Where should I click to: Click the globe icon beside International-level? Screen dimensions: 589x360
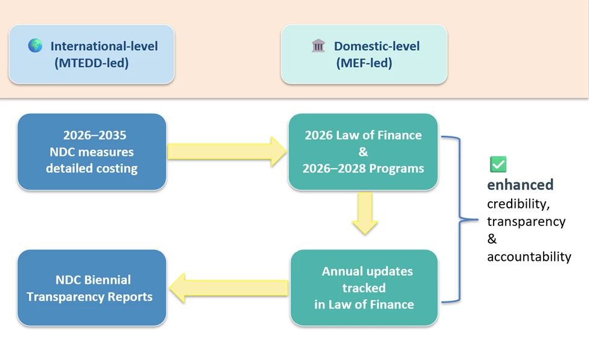tap(35, 45)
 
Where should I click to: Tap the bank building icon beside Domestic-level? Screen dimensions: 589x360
tap(318, 46)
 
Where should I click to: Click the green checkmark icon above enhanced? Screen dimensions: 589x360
tap(498, 164)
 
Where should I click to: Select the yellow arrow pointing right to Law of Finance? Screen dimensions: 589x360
tap(227, 152)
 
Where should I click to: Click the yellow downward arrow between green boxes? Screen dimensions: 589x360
tap(365, 213)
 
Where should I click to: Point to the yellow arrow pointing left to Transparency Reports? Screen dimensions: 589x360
tap(228, 288)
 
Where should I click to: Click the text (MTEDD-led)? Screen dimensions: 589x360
tap(92, 63)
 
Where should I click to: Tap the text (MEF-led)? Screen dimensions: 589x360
tap(364, 63)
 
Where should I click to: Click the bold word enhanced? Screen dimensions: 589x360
tap(520, 184)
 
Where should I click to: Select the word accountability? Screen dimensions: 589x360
tap(529, 257)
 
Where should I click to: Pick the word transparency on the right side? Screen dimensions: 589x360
tap(526, 221)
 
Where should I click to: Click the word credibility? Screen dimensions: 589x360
tap(518, 204)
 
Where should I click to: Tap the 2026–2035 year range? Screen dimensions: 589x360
tap(95, 135)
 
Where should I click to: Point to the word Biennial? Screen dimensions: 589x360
tap(108, 280)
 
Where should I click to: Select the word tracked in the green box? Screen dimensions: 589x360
tap(364, 288)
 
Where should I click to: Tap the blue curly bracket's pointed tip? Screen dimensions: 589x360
tap(478, 219)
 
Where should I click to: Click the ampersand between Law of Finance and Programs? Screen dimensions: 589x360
tap(363, 152)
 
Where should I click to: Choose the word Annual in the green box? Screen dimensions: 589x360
tap(341, 271)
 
